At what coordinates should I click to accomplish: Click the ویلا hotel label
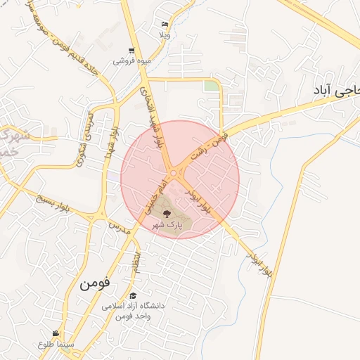pos(165,34)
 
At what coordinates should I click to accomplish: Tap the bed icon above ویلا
pos(165,23)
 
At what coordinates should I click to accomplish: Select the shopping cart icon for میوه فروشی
pos(131,51)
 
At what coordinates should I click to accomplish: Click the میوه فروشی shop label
pos(132,61)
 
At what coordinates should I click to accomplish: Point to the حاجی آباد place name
pos(336,91)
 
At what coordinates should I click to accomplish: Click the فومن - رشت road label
pos(209,145)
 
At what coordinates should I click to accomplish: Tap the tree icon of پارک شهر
pos(167,214)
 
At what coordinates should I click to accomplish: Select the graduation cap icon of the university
pos(133,295)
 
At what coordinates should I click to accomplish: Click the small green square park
pos(210,86)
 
